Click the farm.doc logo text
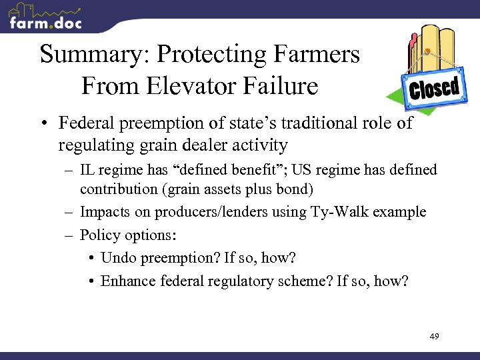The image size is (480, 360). (45, 23)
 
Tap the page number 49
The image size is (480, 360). (434, 337)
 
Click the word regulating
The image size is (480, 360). (93, 145)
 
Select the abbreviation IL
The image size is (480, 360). (87, 171)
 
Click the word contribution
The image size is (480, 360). (115, 189)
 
